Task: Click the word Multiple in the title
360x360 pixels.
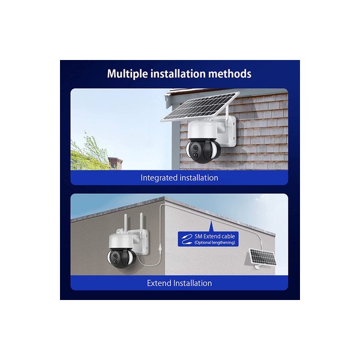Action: click(127, 74)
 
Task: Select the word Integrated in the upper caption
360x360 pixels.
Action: click(159, 178)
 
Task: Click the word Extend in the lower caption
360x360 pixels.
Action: click(159, 283)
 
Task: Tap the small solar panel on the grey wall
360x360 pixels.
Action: click(263, 257)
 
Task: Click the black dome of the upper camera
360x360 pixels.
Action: click(203, 152)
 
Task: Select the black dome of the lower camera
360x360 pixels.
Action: click(122, 259)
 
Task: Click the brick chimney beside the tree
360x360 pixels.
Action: click(115, 163)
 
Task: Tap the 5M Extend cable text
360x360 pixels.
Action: click(215, 236)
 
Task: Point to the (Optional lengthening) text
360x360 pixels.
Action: click(215, 242)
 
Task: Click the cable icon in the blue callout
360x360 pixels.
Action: click(187, 239)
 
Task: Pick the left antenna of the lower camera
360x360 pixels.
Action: click(125, 223)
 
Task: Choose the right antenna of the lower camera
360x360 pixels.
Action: click(141, 222)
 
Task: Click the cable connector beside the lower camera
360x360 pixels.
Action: click(160, 248)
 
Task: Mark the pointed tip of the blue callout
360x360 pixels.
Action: click(211, 221)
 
